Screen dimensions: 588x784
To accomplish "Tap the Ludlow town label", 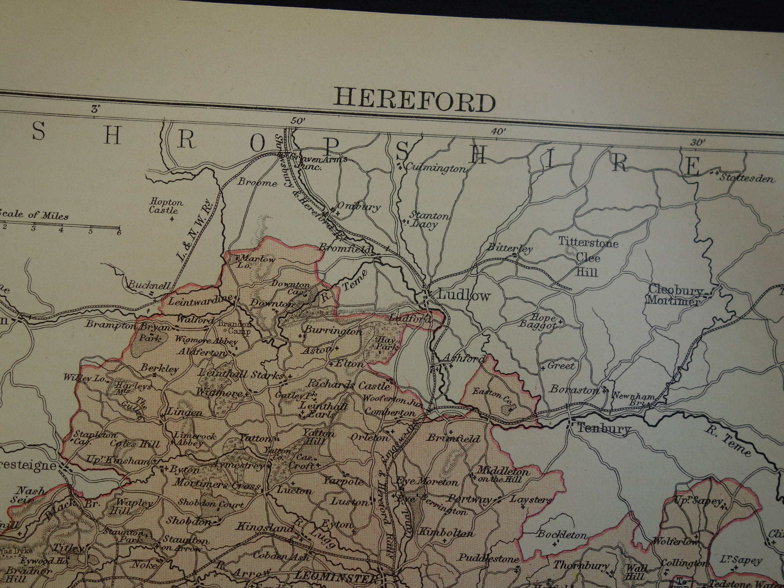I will pos(464,295).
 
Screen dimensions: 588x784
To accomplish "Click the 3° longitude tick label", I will pos(95,109).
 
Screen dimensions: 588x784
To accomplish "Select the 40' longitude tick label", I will pos(498,132).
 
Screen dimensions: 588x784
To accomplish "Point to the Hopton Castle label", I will pos(165,206).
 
